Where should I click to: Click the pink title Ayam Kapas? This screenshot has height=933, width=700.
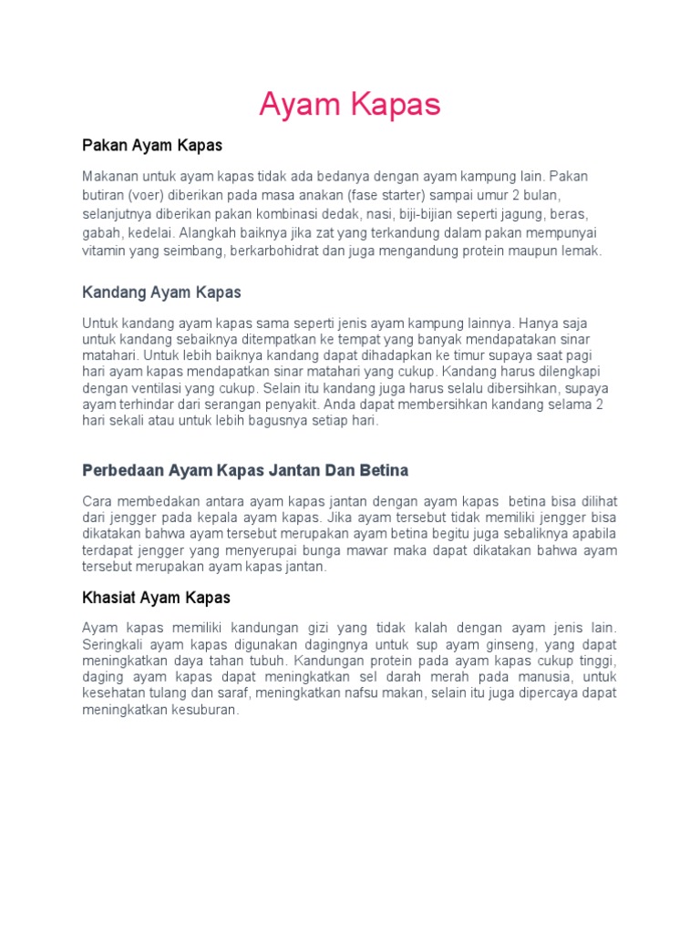349,106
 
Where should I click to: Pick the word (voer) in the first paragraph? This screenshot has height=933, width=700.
145,196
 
